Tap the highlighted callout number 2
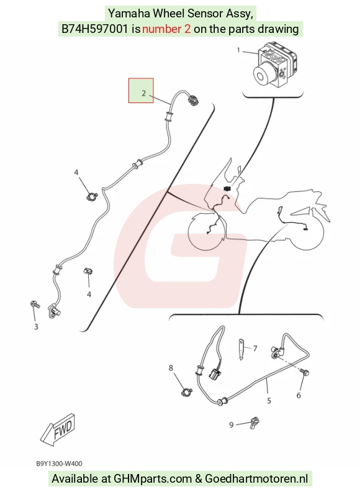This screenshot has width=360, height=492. (x=143, y=93)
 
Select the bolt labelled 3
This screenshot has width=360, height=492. (x=35, y=304)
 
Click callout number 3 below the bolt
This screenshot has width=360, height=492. (x=36, y=327)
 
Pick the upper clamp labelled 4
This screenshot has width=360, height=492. (x=92, y=197)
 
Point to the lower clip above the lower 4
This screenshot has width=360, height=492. (x=88, y=271)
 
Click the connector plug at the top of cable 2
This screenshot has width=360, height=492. (x=193, y=101)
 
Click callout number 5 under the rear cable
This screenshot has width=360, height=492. (x=269, y=401)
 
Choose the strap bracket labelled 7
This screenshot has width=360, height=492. (x=241, y=349)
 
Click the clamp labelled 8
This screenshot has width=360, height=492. (x=187, y=392)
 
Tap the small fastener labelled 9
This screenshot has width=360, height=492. (x=254, y=422)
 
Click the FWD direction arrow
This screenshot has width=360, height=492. (x=58, y=429)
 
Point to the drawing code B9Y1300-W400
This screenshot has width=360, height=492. (x=59, y=463)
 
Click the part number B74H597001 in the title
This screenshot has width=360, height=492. (x=95, y=29)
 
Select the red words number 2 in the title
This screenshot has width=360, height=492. (x=166, y=29)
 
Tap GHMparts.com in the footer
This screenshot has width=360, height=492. (x=153, y=479)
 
